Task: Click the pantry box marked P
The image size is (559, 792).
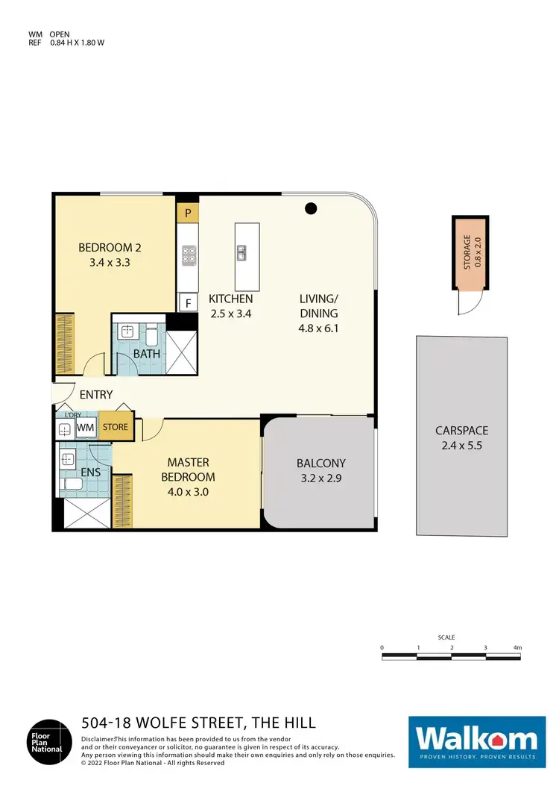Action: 188,212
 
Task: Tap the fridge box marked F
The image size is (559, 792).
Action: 188,302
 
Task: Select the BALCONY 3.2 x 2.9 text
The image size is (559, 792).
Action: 317,470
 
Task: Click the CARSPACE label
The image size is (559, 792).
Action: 462,437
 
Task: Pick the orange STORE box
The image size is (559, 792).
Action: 116,427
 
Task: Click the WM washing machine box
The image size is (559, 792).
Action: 86,428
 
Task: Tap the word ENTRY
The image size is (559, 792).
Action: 95,395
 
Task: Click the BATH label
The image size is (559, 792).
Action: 147,354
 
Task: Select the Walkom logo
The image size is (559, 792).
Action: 476,740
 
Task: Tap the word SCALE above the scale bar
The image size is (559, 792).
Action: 446,637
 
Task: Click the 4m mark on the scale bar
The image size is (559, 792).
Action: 518,648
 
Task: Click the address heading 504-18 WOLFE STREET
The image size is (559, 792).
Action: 198,723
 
